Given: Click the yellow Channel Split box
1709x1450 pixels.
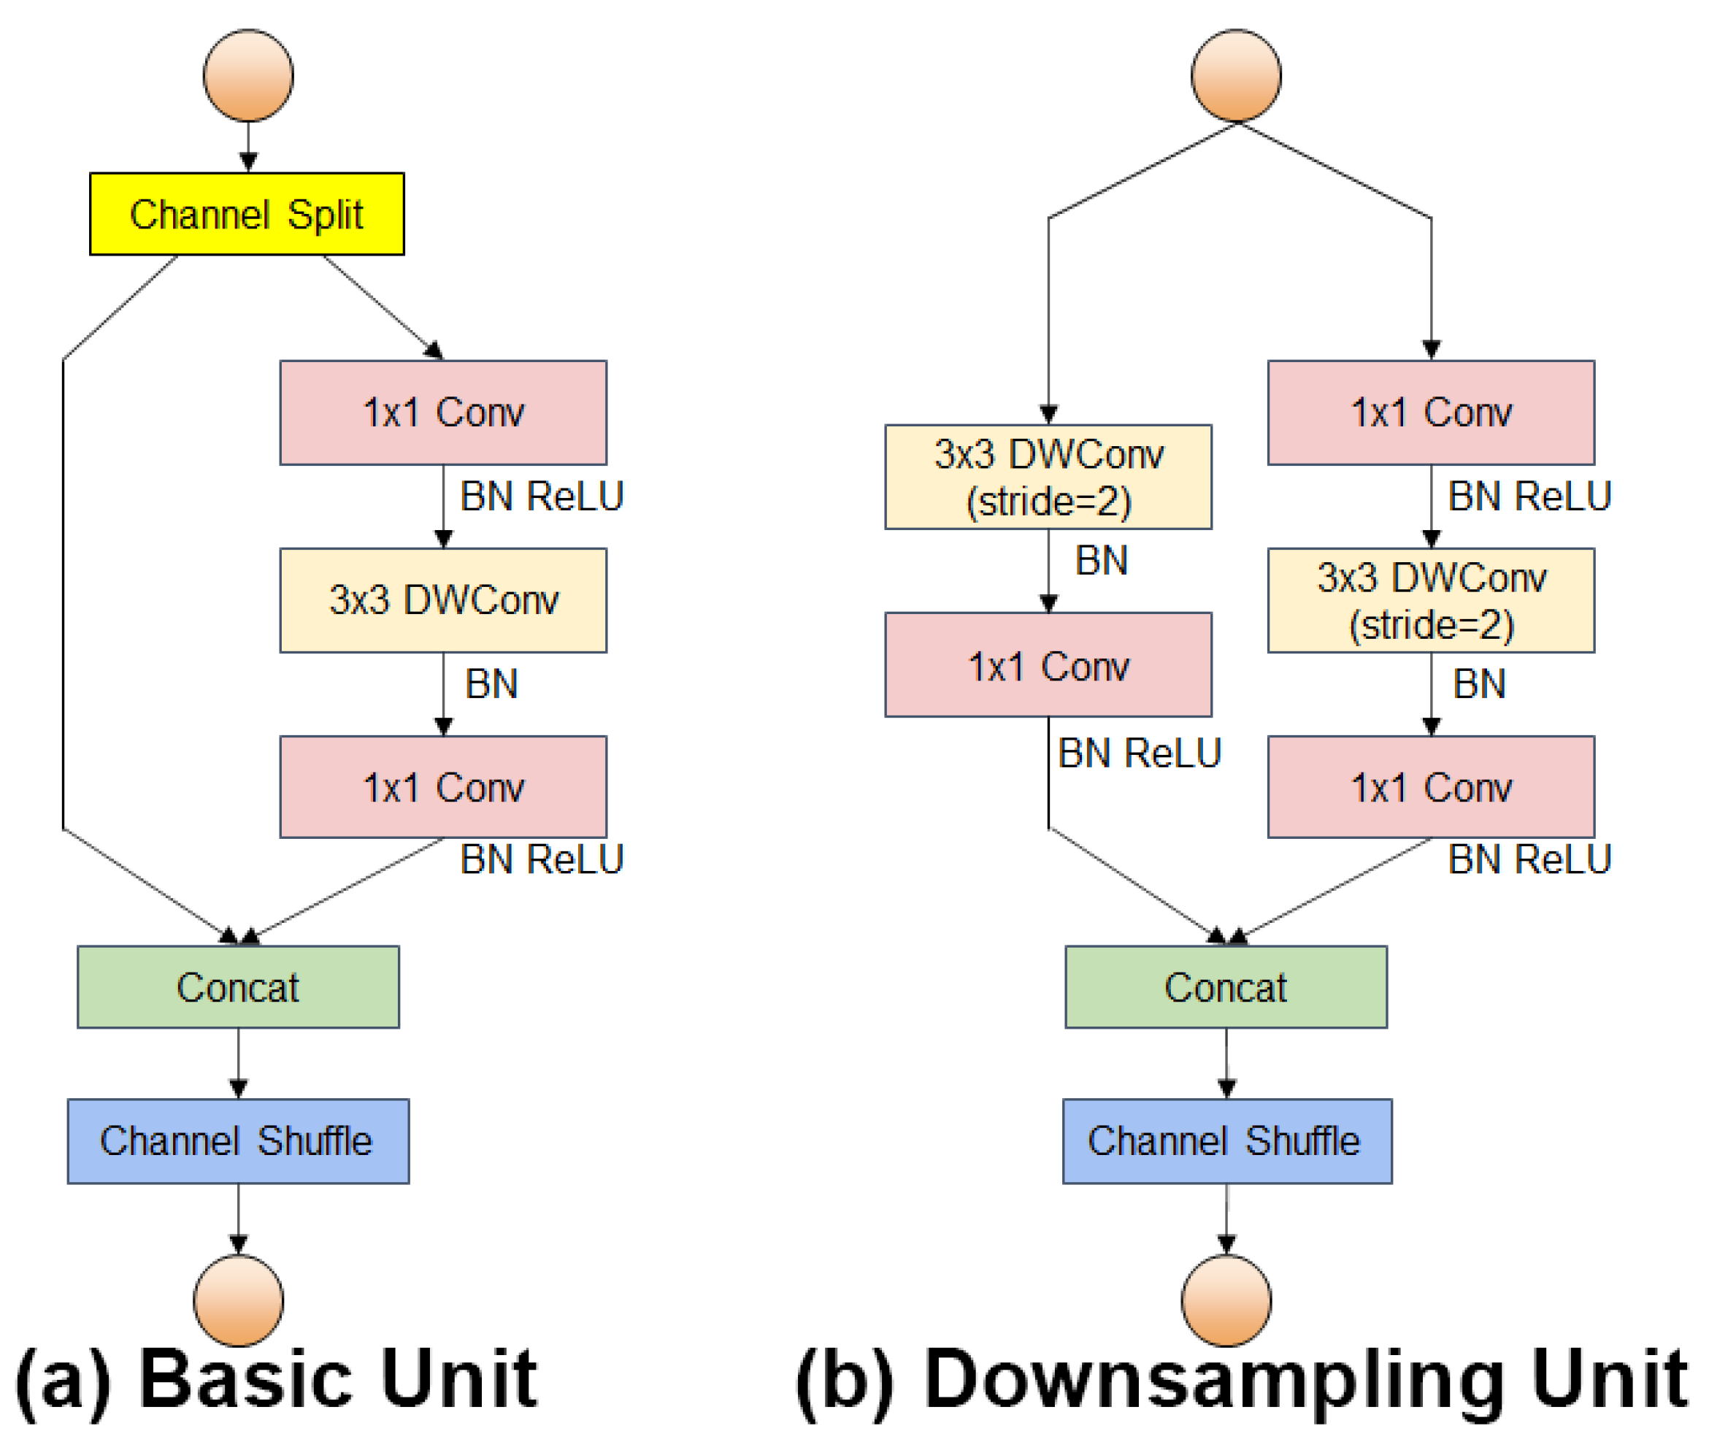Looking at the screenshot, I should [247, 214].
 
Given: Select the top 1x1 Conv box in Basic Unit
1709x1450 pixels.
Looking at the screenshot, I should [443, 412].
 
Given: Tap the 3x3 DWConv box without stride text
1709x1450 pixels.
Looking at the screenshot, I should [443, 600].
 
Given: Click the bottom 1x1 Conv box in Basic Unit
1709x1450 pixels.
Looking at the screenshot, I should [443, 786].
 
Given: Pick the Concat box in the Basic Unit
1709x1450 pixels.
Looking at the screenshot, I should [239, 986].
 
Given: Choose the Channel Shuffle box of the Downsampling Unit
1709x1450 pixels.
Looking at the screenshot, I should [1226, 1141].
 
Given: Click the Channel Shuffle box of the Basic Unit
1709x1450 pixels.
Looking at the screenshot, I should [239, 1141].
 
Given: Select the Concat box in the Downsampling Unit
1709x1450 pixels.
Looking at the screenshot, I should [1226, 986].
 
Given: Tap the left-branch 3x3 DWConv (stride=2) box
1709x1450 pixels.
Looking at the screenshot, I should [1048, 477].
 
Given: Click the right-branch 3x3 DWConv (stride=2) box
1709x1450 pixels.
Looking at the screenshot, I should [1430, 600].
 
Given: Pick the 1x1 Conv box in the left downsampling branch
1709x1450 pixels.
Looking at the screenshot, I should [1048, 664].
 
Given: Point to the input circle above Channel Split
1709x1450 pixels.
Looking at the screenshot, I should [248, 76].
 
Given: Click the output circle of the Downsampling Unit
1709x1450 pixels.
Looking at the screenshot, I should [1226, 1301].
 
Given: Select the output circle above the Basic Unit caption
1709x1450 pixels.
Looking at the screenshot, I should [239, 1301].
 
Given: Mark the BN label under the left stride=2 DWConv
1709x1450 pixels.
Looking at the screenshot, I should [1102, 561].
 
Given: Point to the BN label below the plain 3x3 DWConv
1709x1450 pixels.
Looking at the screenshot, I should [491, 684].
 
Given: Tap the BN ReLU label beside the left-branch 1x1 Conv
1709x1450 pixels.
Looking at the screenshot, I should [1140, 753].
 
